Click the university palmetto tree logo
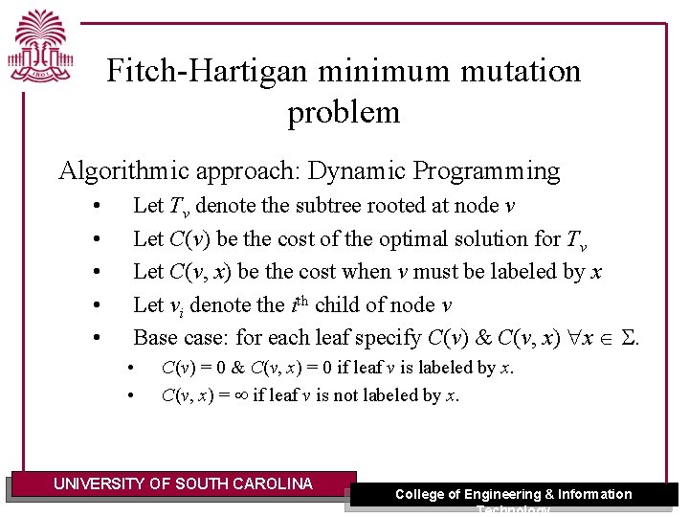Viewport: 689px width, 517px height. (x=42, y=46)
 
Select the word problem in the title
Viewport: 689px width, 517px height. (x=344, y=113)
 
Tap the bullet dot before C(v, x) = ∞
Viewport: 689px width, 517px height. (x=132, y=395)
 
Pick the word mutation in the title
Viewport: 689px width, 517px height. (x=513, y=72)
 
